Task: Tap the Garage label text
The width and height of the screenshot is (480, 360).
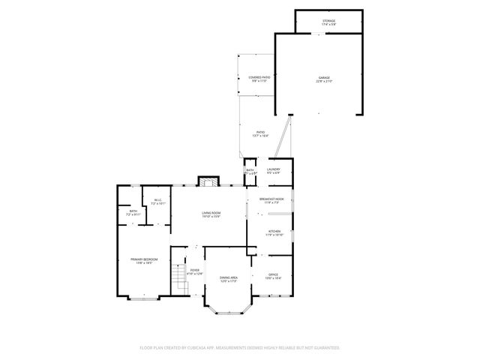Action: coord(324,78)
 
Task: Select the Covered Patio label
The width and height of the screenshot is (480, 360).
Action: coord(259,78)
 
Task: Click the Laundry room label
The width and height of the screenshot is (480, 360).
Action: coord(274,171)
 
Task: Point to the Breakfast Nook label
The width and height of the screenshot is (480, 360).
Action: coord(269,200)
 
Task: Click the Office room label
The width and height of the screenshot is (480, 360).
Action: coord(273,277)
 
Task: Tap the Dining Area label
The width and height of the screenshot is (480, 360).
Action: coord(229,279)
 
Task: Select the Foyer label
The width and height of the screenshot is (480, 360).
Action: coord(194,271)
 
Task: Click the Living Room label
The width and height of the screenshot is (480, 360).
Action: coord(211,215)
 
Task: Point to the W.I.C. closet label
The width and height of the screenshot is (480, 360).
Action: coord(158,202)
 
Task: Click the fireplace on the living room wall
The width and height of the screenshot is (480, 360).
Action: coord(208,181)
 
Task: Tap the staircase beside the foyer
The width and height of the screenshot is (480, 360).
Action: coord(179,280)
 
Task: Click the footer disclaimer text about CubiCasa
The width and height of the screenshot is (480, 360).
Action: coord(240,347)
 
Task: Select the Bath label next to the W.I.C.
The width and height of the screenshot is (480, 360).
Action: coord(133,214)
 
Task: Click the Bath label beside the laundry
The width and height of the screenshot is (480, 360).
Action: coord(250,172)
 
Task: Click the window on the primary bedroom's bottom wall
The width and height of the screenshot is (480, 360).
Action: coord(143,299)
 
